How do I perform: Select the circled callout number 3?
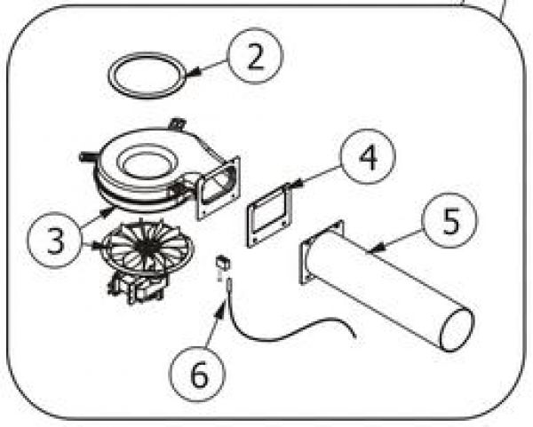pyautogui.click(x=56, y=241)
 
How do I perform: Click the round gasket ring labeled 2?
pyautogui.click(x=145, y=75)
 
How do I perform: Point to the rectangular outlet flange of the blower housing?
pyautogui.click(x=218, y=187)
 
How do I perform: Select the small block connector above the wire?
pyautogui.click(x=225, y=263)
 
